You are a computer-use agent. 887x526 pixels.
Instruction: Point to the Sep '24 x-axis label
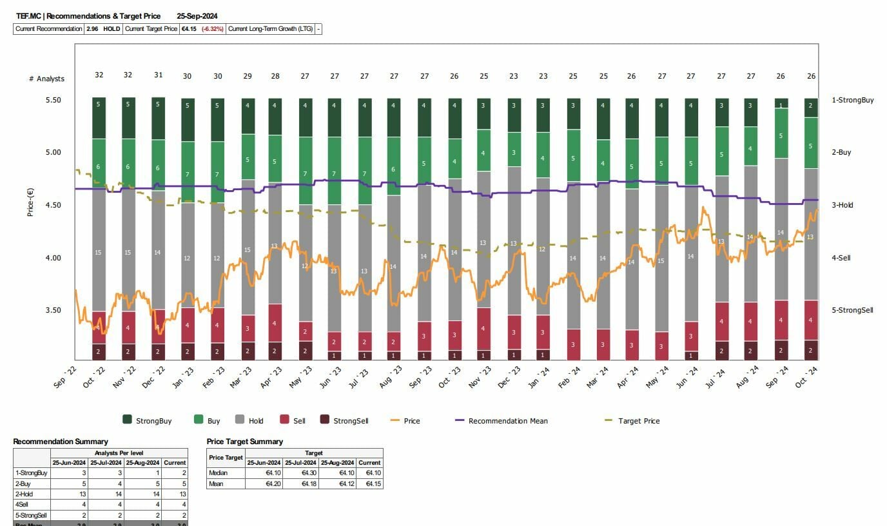point(780,376)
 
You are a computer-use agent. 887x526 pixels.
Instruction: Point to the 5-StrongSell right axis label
point(852,310)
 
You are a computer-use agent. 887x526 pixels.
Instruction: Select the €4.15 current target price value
point(189,29)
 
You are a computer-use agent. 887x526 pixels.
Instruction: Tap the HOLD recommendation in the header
point(112,29)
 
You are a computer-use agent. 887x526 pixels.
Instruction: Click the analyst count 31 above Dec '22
point(158,75)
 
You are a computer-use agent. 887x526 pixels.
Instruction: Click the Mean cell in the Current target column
point(369,483)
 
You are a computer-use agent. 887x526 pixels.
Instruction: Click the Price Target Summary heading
point(244,442)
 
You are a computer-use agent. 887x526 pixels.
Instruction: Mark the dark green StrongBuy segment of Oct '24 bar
point(810,108)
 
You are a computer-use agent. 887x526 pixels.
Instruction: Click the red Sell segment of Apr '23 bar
point(275,322)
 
